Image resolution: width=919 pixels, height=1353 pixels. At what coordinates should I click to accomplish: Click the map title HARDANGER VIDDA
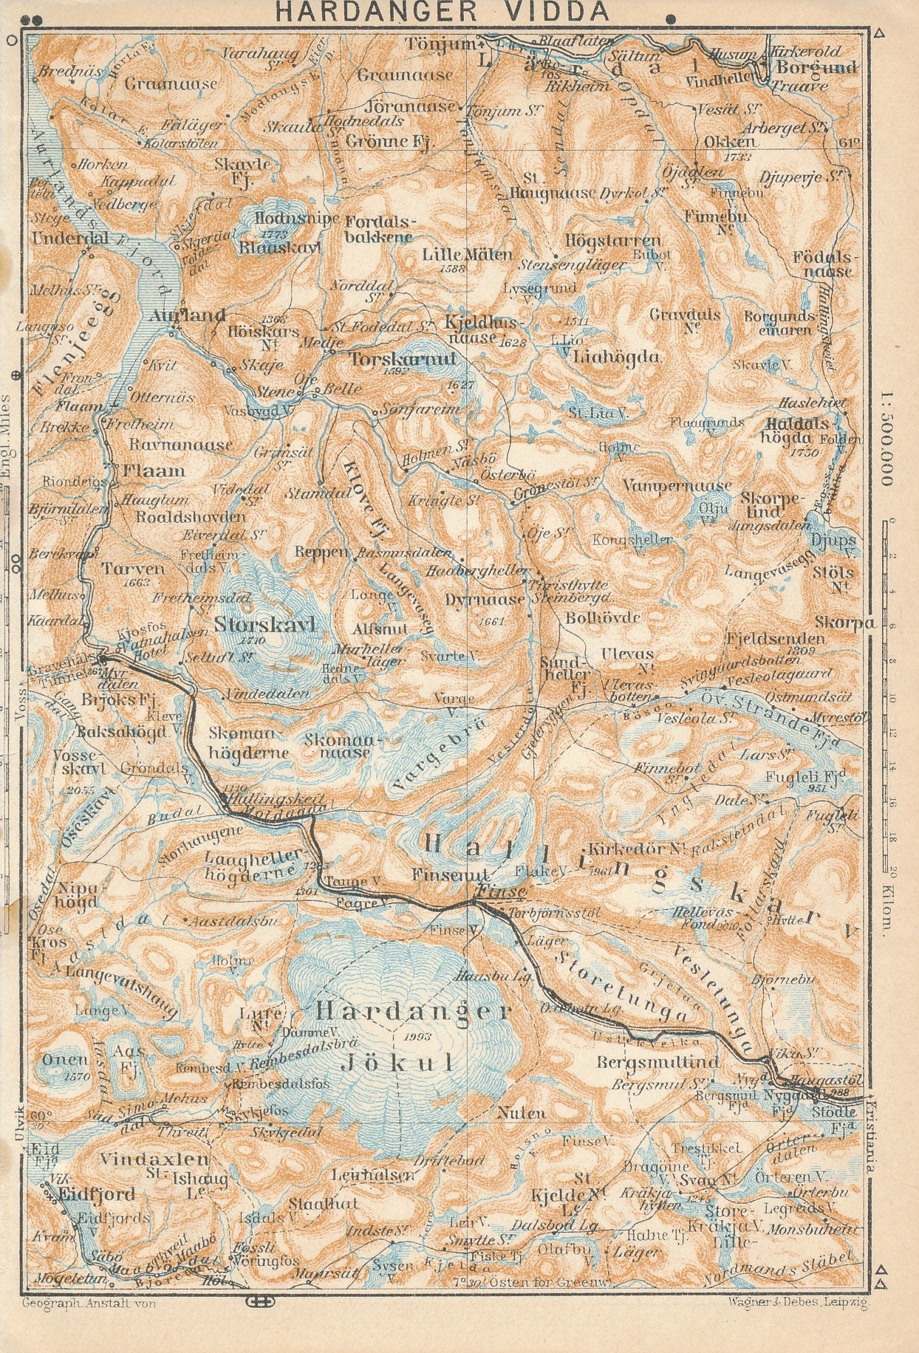[443, 12]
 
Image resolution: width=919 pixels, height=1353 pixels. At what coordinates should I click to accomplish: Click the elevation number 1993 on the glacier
[417, 1036]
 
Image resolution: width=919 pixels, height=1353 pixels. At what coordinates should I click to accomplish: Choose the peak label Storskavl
[264, 625]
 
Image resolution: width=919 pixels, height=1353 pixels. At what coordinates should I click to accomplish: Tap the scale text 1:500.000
[886, 436]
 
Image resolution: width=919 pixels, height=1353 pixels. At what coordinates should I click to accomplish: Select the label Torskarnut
[392, 359]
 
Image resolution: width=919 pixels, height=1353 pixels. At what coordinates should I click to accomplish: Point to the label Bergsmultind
[657, 1063]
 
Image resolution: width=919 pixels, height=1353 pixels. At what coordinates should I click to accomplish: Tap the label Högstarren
[612, 241]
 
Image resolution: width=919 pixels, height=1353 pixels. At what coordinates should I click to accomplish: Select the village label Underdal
[70, 239]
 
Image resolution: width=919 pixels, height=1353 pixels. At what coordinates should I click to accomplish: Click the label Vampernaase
[677, 486]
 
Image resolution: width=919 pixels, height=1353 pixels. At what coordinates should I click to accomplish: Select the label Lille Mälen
[467, 255]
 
